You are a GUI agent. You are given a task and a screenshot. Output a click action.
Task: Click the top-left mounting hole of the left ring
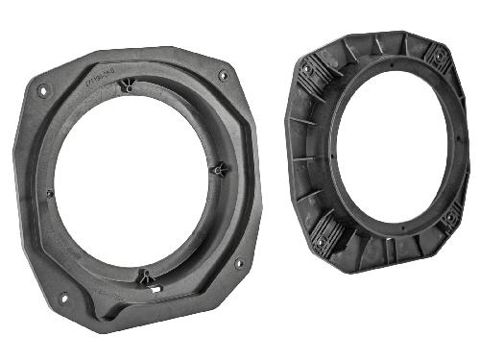42,91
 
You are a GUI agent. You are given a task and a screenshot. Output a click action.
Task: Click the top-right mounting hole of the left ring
223,75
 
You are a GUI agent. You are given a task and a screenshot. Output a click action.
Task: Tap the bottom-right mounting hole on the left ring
239,262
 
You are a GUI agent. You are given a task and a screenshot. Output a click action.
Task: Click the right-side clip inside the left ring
219,169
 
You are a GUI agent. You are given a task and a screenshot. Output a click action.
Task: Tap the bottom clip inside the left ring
145,278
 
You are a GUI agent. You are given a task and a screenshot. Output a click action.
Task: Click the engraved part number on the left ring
99,75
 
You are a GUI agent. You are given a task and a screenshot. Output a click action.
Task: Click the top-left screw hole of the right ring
306,69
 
